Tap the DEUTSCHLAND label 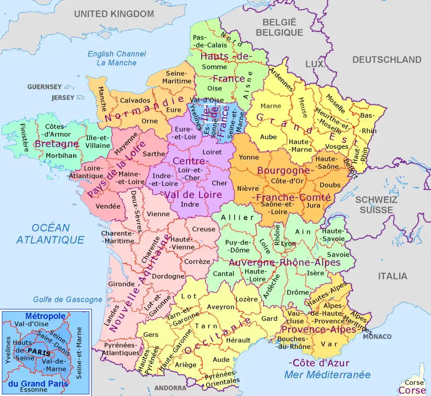(387, 60)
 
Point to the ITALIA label (392, 276)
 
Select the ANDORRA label (170, 388)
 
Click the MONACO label (377, 336)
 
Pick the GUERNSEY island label (44, 86)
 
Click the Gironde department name (121, 284)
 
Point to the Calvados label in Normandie (135, 100)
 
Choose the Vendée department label (108, 206)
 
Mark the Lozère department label (246, 299)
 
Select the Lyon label (289, 243)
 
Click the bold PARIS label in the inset (38, 352)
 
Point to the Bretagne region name (57, 144)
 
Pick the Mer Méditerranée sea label (327, 374)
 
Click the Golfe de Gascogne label (67, 300)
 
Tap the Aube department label (268, 137)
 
